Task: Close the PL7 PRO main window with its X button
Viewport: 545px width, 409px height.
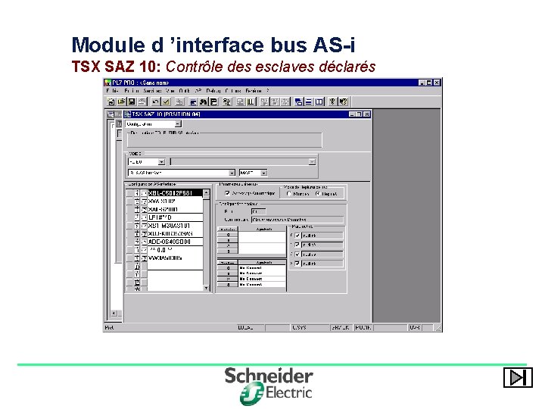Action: (x=438, y=82)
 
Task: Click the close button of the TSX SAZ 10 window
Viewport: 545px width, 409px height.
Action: (x=367, y=114)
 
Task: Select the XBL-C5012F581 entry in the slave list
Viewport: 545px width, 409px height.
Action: (x=175, y=193)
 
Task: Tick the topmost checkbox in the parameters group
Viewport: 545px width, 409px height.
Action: (x=297, y=234)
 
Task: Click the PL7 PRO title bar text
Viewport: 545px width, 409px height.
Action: (x=129, y=82)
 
